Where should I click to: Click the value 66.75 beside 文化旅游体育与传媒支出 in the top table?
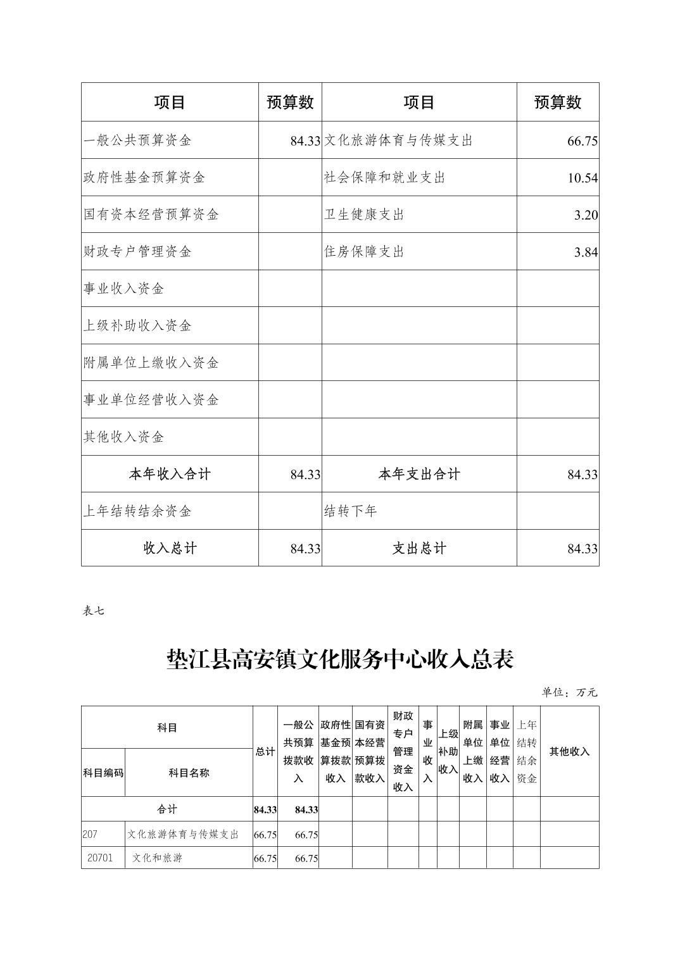click(x=582, y=141)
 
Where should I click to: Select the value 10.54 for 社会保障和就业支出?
click(x=582, y=178)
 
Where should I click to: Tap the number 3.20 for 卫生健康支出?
click(x=586, y=215)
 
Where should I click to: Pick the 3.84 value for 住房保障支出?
click(x=586, y=253)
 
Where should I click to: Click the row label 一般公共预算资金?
click(x=137, y=141)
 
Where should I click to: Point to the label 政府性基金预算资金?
click(x=144, y=177)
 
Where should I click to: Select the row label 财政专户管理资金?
click(x=137, y=252)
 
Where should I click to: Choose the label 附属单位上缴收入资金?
click(x=151, y=363)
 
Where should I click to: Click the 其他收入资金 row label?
click(x=124, y=437)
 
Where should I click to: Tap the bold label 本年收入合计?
click(x=170, y=474)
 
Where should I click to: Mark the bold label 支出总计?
click(x=419, y=548)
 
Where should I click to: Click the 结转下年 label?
click(x=351, y=511)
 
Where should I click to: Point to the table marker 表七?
click(x=93, y=611)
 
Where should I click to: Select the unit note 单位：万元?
click(x=569, y=692)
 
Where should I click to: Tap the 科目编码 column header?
click(x=103, y=773)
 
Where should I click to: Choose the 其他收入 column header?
click(x=569, y=751)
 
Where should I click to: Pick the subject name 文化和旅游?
click(x=157, y=859)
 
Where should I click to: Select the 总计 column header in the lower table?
click(x=265, y=751)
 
